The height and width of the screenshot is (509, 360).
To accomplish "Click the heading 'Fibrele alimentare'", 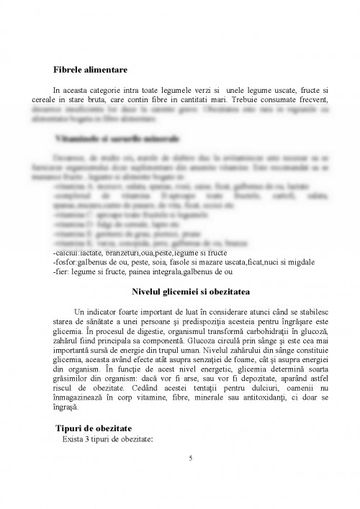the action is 90,70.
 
